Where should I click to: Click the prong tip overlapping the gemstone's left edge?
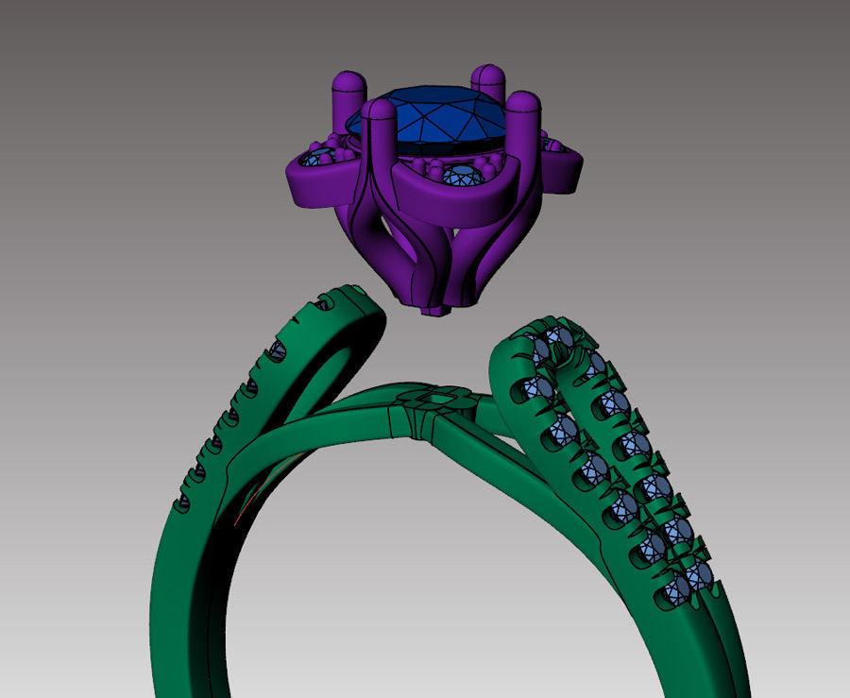pyautogui.click(x=379, y=111)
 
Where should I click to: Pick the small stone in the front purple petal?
pyautogui.click(x=463, y=174)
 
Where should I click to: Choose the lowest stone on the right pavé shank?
pyautogui.click(x=678, y=592)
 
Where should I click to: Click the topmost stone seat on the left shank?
pyautogui.click(x=325, y=303)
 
